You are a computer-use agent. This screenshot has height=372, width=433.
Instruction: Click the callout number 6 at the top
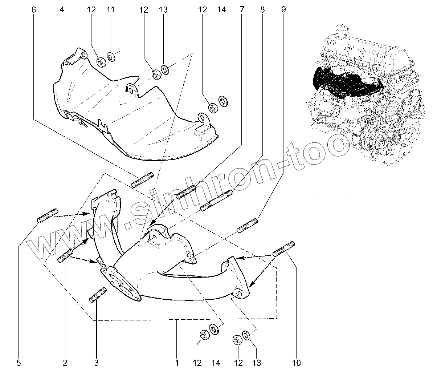[x=34, y=10]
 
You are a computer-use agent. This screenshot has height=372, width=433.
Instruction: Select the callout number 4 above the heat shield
[x=62, y=10]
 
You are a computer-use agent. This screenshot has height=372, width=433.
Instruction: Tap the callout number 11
[x=111, y=10]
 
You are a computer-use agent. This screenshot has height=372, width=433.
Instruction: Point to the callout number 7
[x=242, y=10]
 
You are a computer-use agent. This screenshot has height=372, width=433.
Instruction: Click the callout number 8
[x=262, y=10]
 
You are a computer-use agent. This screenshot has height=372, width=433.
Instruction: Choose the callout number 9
[x=283, y=10]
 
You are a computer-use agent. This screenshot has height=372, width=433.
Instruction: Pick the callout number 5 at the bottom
[x=19, y=362]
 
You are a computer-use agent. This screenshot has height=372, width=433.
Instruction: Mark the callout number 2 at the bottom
[x=65, y=362]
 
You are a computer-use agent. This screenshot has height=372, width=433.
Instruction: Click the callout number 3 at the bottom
[x=97, y=362]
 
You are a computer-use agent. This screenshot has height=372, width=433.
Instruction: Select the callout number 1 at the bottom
[x=177, y=362]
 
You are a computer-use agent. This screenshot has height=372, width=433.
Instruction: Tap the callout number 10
[x=296, y=362]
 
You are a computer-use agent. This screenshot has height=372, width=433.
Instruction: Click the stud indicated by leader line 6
[x=142, y=181]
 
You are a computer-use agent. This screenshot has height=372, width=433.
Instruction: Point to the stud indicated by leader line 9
[x=248, y=225]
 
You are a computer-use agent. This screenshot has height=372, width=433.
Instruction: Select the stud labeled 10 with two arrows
[x=284, y=249]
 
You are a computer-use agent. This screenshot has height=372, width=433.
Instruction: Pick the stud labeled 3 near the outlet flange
[x=97, y=294]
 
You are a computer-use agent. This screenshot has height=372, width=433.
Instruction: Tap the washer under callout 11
[x=111, y=57]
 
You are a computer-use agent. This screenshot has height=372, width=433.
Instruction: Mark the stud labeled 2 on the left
[x=66, y=256]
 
